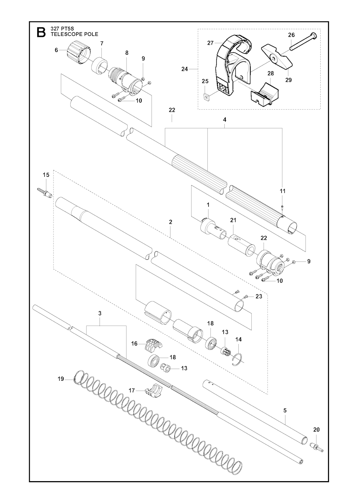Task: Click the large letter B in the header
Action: (x=41, y=32)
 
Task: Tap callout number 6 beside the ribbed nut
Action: (x=57, y=50)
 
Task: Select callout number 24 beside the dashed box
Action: (x=185, y=69)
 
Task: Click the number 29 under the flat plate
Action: (x=288, y=80)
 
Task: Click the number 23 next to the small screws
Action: (x=259, y=296)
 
